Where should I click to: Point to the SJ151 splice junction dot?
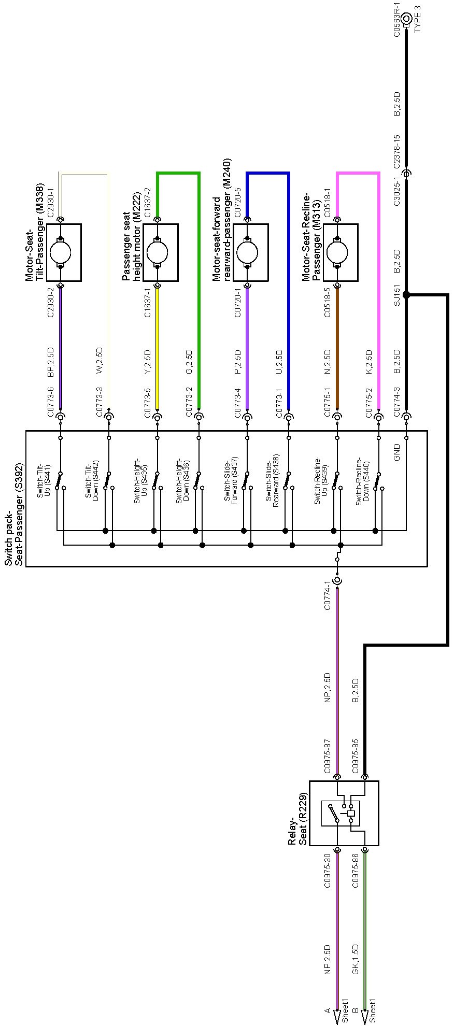(406, 295)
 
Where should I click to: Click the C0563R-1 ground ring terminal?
(406, 18)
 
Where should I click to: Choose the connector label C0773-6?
(50, 402)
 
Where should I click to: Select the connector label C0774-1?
(328, 595)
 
